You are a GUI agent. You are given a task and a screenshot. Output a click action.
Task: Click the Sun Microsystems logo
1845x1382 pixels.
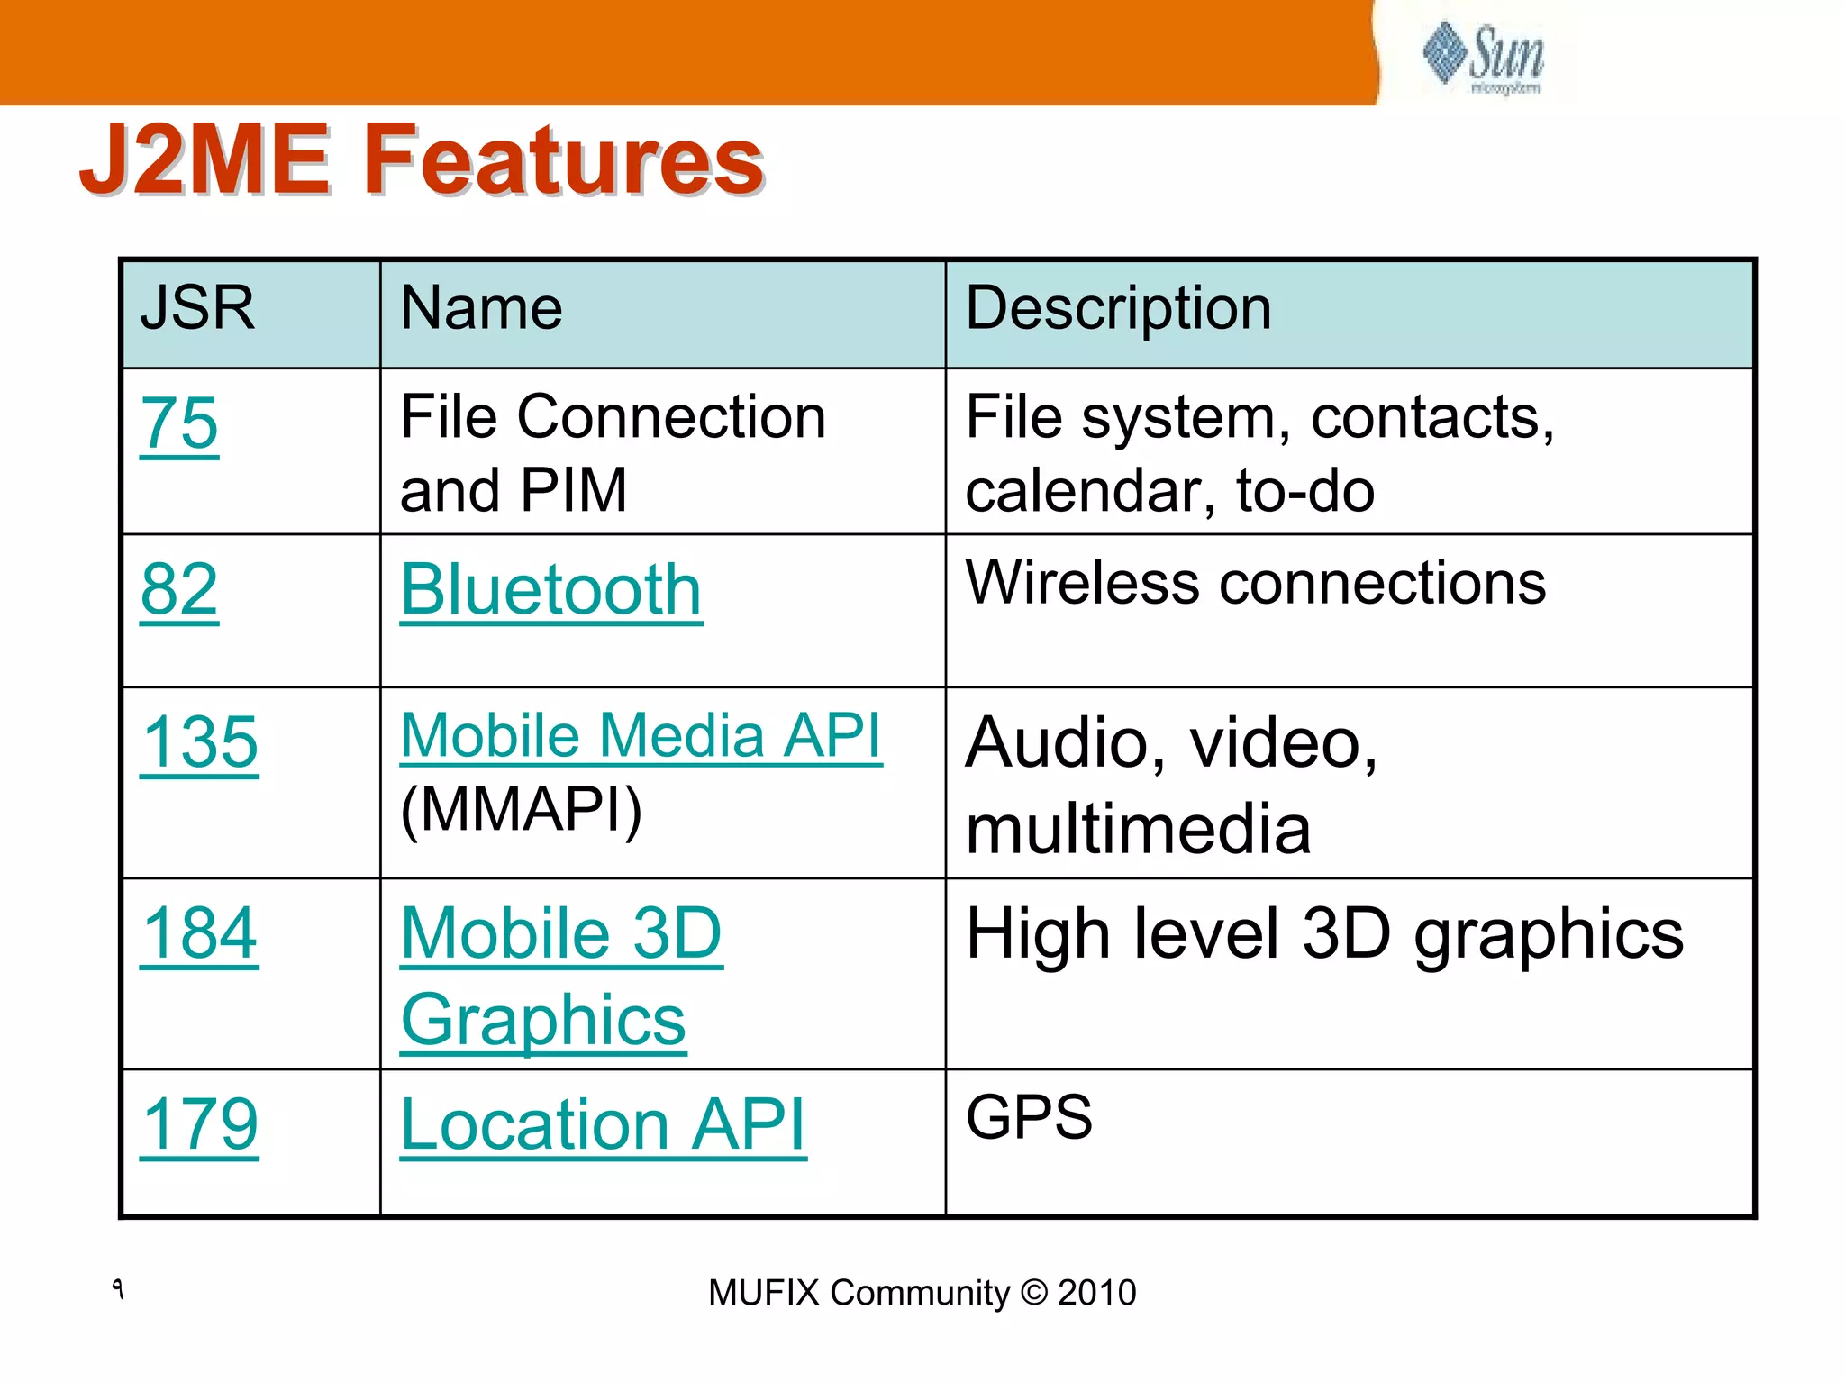[x=1485, y=56]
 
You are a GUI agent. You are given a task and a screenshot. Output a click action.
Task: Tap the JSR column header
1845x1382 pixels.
[x=197, y=308]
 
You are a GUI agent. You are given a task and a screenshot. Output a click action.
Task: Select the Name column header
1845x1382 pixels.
[x=481, y=308]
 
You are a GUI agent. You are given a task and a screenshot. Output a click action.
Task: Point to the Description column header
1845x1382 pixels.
[x=1118, y=308]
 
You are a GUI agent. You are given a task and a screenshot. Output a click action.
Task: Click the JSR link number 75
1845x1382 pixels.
[x=179, y=423]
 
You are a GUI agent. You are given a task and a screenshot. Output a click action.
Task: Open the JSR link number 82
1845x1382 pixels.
[x=179, y=590]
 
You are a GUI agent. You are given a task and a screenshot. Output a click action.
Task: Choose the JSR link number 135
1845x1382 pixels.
[x=200, y=743]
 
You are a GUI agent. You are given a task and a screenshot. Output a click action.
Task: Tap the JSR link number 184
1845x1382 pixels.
[x=200, y=934]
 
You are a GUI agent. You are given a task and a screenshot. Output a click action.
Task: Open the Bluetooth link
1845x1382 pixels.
[x=550, y=590]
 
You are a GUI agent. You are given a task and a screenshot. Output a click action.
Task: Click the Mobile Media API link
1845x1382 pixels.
[x=641, y=736]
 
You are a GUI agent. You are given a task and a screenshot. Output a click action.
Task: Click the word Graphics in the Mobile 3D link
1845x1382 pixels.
[x=543, y=1021]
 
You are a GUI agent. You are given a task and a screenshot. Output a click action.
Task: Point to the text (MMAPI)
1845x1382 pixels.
[x=521, y=810]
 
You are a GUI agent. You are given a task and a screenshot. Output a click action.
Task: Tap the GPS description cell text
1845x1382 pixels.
[x=1029, y=1117]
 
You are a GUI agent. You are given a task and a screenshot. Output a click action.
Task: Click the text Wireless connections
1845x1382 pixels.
[x=1256, y=583]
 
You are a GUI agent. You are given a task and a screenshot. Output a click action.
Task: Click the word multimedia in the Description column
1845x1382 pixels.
[x=1138, y=830]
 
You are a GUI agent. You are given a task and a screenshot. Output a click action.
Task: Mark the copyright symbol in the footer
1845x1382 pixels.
[x=1034, y=1293]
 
